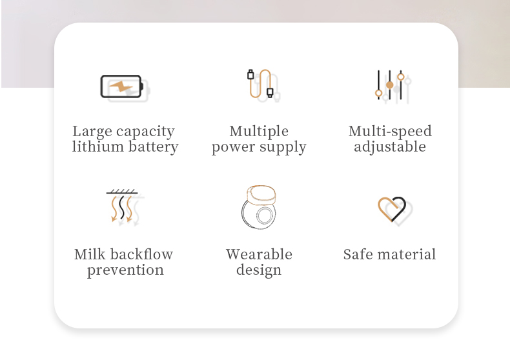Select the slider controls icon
(x=390, y=86)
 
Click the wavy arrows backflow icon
(x=122, y=207)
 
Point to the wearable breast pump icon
(x=259, y=207)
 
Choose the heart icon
(x=393, y=210)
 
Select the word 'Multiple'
(x=259, y=132)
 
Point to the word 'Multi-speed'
(x=390, y=132)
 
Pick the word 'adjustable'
(x=390, y=147)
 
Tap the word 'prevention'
(x=125, y=270)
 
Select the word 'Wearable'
(x=259, y=254)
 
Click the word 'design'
(x=259, y=270)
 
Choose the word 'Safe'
(x=358, y=254)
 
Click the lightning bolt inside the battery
(x=120, y=86)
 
